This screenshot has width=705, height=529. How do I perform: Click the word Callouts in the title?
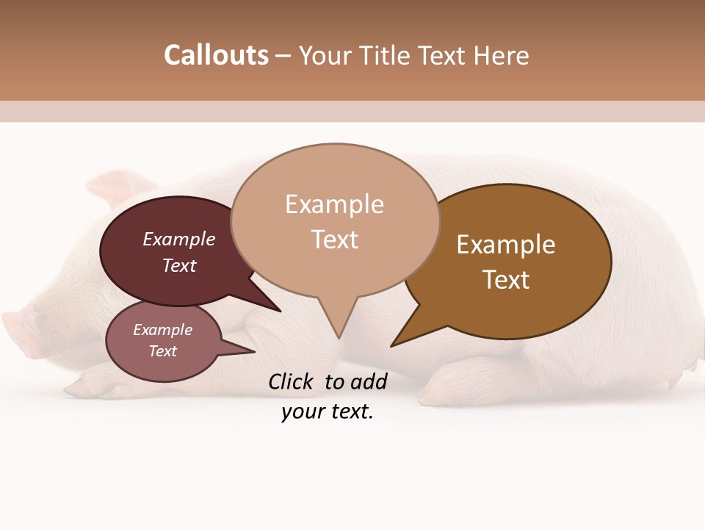(x=216, y=55)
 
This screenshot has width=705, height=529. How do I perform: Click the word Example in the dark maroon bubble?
(x=179, y=239)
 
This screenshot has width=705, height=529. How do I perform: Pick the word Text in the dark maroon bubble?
(x=179, y=265)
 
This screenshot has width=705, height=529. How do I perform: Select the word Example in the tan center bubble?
(x=334, y=204)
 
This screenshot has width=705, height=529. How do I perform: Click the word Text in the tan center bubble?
(x=335, y=240)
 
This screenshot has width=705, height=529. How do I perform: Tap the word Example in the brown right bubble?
(x=506, y=244)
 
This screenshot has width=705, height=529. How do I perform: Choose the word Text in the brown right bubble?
(x=506, y=280)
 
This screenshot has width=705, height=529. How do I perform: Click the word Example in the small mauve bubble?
(x=163, y=330)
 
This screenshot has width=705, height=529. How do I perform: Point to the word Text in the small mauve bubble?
(x=163, y=351)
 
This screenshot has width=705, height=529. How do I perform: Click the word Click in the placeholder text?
(x=291, y=381)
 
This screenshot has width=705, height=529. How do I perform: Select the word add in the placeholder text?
(x=369, y=381)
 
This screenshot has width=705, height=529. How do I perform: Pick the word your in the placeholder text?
(x=301, y=411)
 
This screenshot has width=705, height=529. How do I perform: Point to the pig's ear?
(x=117, y=187)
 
